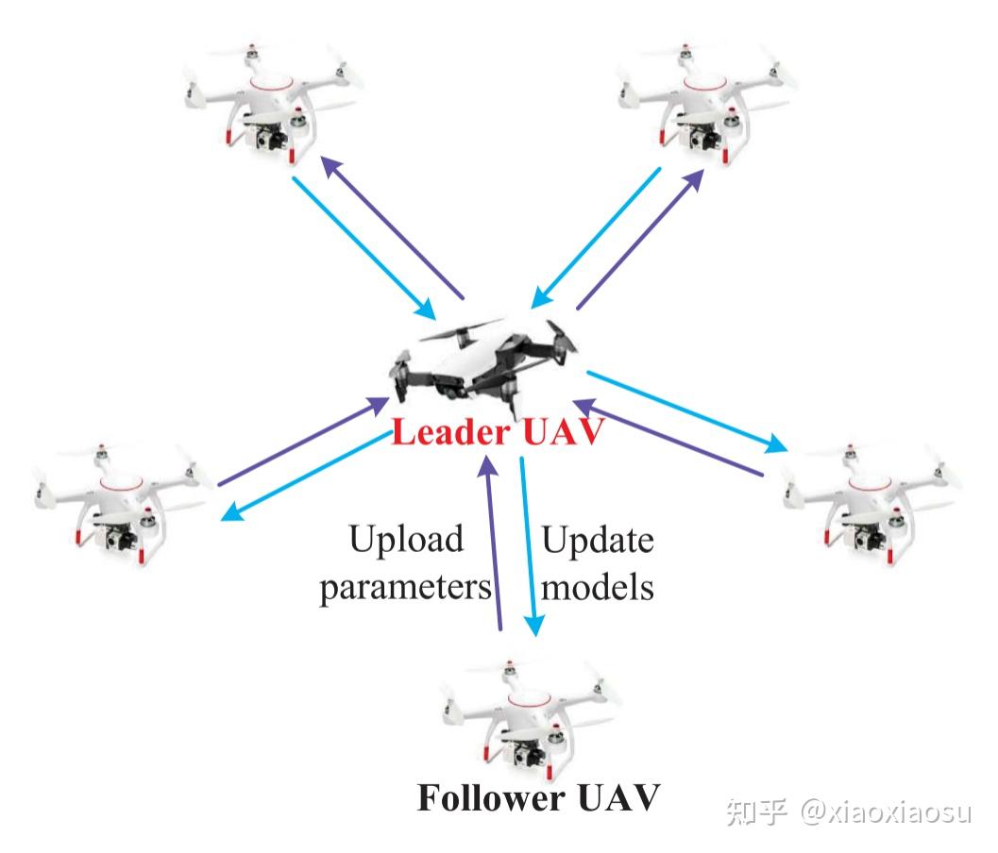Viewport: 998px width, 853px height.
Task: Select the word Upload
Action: click(406, 540)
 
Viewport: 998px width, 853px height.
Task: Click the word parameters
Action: click(406, 587)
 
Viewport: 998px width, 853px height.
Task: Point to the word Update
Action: click(597, 540)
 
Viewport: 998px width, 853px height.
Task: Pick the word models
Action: click(597, 587)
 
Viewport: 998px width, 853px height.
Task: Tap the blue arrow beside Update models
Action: click(529, 547)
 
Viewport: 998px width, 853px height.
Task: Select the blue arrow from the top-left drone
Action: click(364, 245)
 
